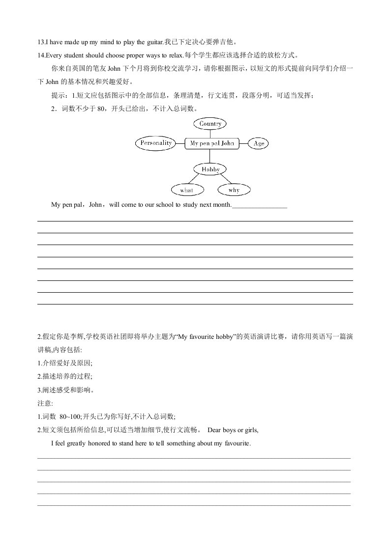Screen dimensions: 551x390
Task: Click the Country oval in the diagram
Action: (x=210, y=124)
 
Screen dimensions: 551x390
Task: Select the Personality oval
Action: (x=155, y=143)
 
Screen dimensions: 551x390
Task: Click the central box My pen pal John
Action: (x=212, y=143)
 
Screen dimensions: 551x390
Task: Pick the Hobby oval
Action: (x=210, y=169)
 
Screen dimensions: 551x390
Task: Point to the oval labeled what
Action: (x=186, y=190)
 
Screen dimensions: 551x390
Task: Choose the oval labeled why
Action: (x=234, y=190)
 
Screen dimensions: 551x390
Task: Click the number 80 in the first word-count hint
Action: (x=102, y=109)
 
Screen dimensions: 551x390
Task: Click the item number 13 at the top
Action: (x=40, y=42)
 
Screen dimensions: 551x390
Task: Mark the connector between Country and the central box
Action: (x=210, y=134)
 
